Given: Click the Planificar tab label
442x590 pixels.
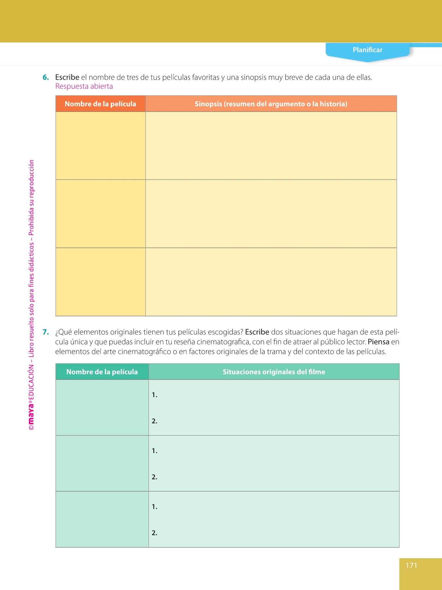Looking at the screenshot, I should [x=367, y=50].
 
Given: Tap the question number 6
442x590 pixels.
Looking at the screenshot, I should [x=46, y=78].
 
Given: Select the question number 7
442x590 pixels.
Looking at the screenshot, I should [x=46, y=332].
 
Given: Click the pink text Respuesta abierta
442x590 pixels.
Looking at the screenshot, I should [x=84, y=86].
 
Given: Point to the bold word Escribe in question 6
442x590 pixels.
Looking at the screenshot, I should [x=67, y=78].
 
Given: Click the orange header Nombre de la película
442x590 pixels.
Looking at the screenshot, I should [x=101, y=104].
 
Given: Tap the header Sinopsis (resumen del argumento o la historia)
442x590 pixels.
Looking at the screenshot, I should [x=271, y=104].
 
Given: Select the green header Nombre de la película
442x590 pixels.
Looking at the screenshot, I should [x=102, y=372].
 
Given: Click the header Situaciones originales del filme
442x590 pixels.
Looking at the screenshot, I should [x=274, y=372].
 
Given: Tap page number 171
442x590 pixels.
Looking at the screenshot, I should [x=411, y=565].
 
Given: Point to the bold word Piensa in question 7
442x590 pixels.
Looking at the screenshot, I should [x=378, y=342].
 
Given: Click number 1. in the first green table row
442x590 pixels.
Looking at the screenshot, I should [x=155, y=395].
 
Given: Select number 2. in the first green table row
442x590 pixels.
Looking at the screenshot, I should [x=155, y=421].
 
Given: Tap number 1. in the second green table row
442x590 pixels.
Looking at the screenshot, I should [x=155, y=451].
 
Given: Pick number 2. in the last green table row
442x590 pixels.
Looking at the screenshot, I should [x=155, y=533].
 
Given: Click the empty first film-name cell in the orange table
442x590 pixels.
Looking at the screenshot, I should [x=101, y=146].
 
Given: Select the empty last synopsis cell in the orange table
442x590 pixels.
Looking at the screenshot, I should [x=271, y=282].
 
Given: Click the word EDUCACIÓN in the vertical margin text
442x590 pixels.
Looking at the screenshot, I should [x=31, y=382].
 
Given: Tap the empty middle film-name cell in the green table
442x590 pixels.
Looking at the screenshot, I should [x=102, y=463].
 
